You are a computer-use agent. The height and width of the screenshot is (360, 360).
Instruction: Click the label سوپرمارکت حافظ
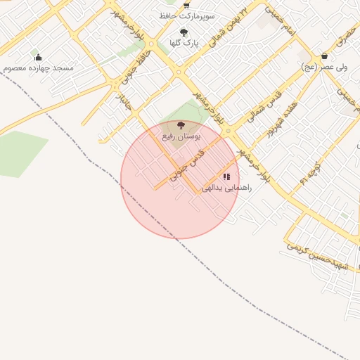pos(188,15)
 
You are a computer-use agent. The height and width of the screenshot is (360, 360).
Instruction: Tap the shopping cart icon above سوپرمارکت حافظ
pos(188,5)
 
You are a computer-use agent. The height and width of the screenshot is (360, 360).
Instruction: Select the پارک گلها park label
pos(184,42)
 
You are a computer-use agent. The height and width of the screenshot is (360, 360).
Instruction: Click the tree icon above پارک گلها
pos(184,32)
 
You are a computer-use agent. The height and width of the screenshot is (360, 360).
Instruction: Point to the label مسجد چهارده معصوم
pos(38,67)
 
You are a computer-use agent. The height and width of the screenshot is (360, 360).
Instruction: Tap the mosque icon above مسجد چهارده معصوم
pos(38,57)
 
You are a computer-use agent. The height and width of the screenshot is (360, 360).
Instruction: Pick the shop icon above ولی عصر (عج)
pos(324,56)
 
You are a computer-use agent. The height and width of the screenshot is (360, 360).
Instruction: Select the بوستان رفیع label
pos(181,134)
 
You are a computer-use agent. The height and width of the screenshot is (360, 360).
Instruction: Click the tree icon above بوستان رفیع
pos(181,124)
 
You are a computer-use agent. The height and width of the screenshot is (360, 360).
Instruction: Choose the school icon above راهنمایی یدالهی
pos(226,177)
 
